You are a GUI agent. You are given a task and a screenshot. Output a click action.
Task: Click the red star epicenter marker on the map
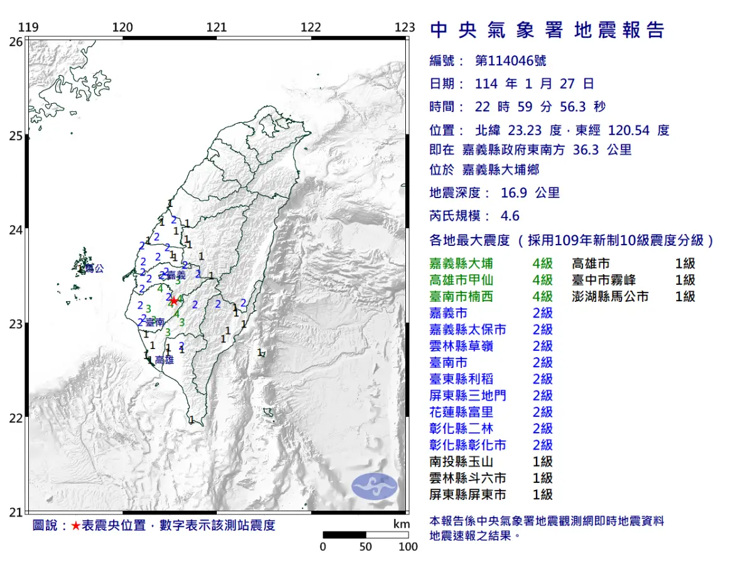(173, 301)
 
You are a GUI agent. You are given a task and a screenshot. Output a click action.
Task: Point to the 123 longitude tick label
(405, 27)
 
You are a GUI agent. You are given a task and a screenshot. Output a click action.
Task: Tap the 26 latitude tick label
(16, 42)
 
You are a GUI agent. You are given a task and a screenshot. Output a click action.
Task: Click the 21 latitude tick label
(16, 512)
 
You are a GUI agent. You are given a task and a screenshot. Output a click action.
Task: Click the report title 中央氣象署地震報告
(547, 30)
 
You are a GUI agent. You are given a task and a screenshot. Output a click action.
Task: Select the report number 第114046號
(510, 61)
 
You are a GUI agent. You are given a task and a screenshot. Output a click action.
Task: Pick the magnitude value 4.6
(510, 216)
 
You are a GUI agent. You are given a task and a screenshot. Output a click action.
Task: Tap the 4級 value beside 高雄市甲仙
(542, 280)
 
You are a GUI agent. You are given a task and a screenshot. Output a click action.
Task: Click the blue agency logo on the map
(374, 486)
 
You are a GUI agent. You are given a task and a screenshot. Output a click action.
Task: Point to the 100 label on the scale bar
(408, 547)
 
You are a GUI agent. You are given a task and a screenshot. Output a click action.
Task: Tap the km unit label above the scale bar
(401, 524)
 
